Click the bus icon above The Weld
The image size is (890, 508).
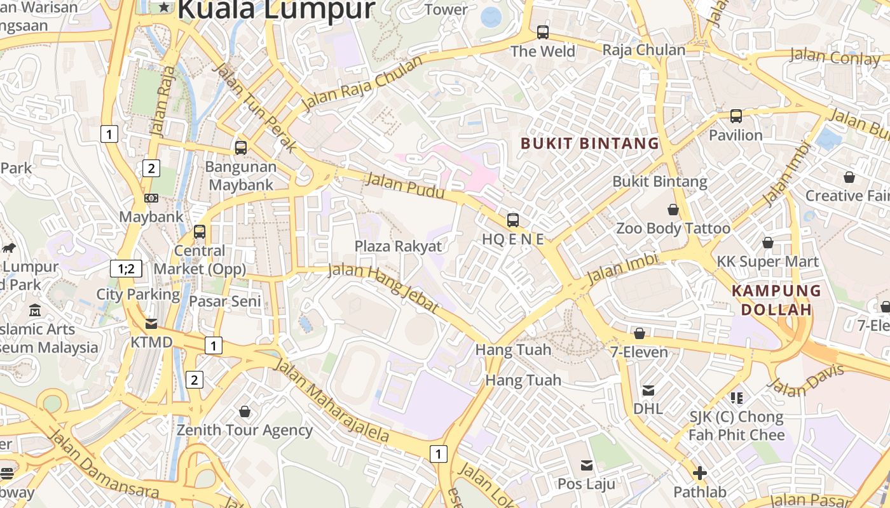click(542, 32)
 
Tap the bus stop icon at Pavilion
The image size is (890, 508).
click(736, 116)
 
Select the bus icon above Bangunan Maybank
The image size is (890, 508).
click(241, 148)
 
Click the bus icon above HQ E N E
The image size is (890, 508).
click(512, 220)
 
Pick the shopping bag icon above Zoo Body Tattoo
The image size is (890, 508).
click(673, 209)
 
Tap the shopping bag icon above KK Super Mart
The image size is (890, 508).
click(767, 243)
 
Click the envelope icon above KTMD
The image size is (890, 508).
click(151, 324)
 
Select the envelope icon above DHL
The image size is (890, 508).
click(648, 390)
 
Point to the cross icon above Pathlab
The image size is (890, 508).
click(699, 473)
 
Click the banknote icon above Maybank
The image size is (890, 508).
click(151, 198)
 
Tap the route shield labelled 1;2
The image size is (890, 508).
click(126, 269)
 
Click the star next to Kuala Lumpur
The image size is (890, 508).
click(165, 8)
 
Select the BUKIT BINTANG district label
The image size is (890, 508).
click(589, 144)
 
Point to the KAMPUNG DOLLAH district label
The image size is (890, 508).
click(776, 300)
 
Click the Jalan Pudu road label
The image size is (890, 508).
click(404, 185)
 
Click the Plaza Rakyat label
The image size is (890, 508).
click(398, 246)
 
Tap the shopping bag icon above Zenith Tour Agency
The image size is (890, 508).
click(245, 411)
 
